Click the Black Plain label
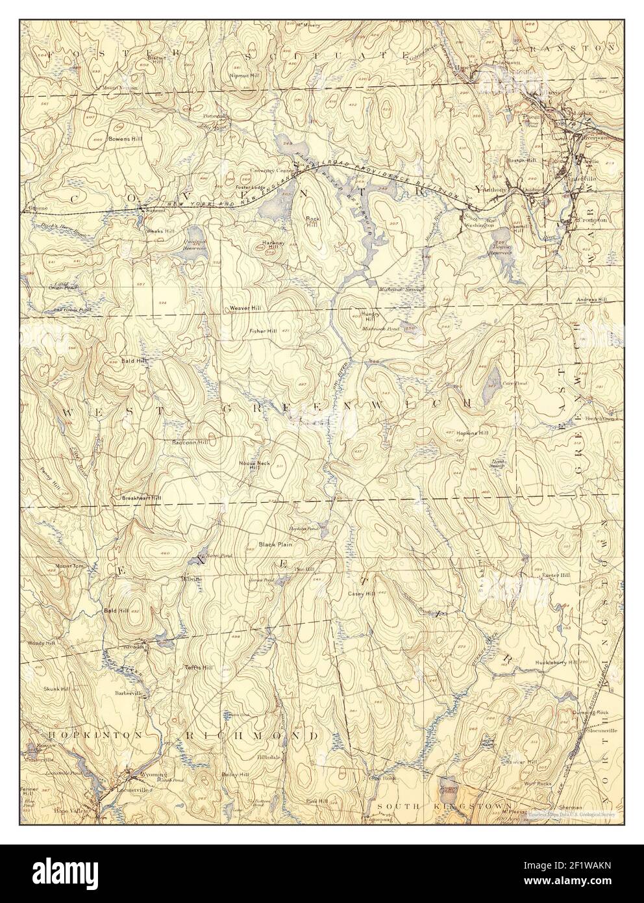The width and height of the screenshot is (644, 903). pos(273,544)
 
